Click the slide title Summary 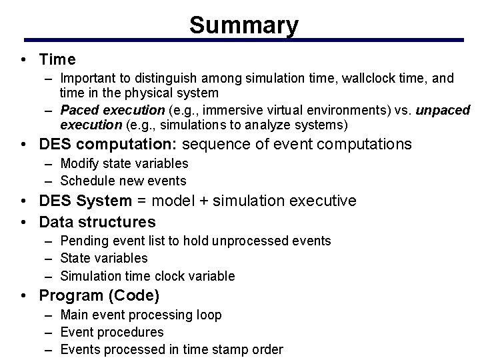(x=244, y=25)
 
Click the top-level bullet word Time (x=57, y=60)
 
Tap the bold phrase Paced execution (x=112, y=110)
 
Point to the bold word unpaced (x=443, y=110)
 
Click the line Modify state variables (x=124, y=163)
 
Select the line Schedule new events (x=123, y=181)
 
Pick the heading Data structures (x=97, y=221)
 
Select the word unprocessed (x=263, y=241)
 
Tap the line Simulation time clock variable (x=147, y=276)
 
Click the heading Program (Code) (x=99, y=295)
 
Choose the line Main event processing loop (x=141, y=315)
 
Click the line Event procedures (x=111, y=332)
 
